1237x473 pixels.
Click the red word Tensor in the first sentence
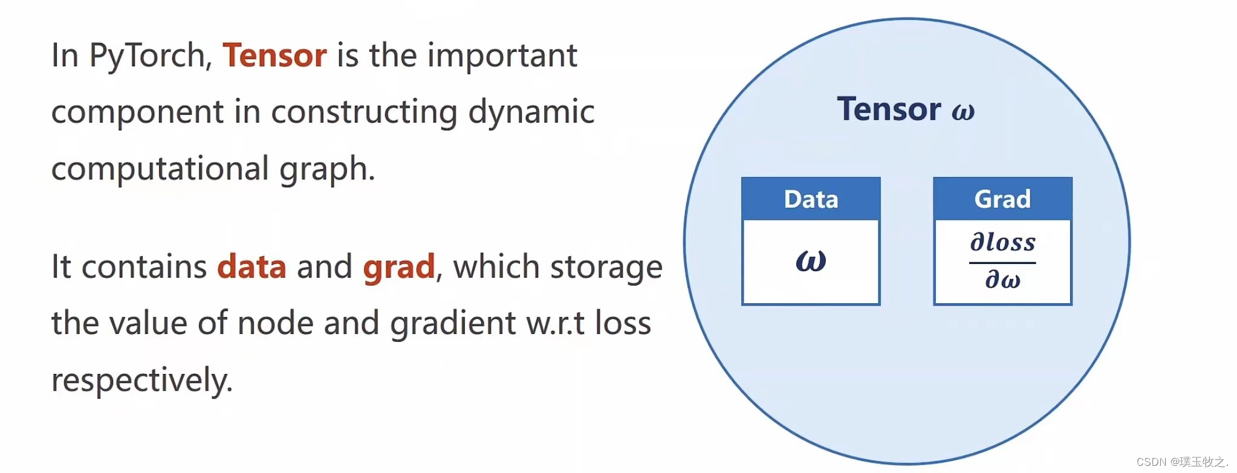click(x=274, y=56)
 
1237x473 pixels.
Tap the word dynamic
click(x=531, y=112)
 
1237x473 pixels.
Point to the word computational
click(x=160, y=169)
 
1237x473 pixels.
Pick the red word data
click(x=252, y=266)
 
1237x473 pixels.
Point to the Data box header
click(x=811, y=199)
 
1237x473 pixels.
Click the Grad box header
click(x=1002, y=199)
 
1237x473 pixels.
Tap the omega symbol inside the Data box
click(x=811, y=261)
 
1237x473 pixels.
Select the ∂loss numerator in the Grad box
click(x=1002, y=242)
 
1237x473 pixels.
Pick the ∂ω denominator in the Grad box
click(x=1002, y=280)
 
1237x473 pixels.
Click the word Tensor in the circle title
click(x=889, y=109)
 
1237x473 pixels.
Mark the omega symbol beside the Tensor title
click(x=963, y=112)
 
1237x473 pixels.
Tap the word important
click(x=502, y=56)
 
